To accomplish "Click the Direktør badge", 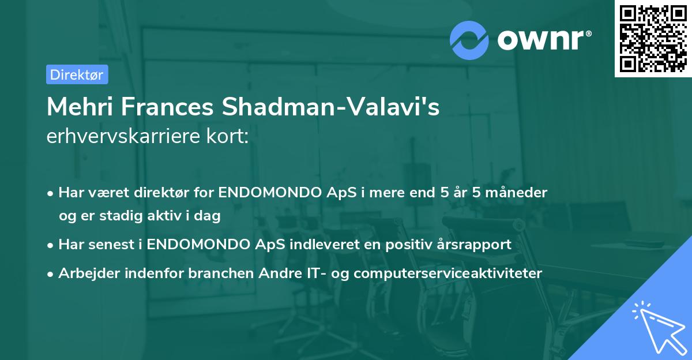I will coord(77,74).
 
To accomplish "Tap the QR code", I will coord(653,38).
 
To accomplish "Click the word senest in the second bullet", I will coord(111,244).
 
